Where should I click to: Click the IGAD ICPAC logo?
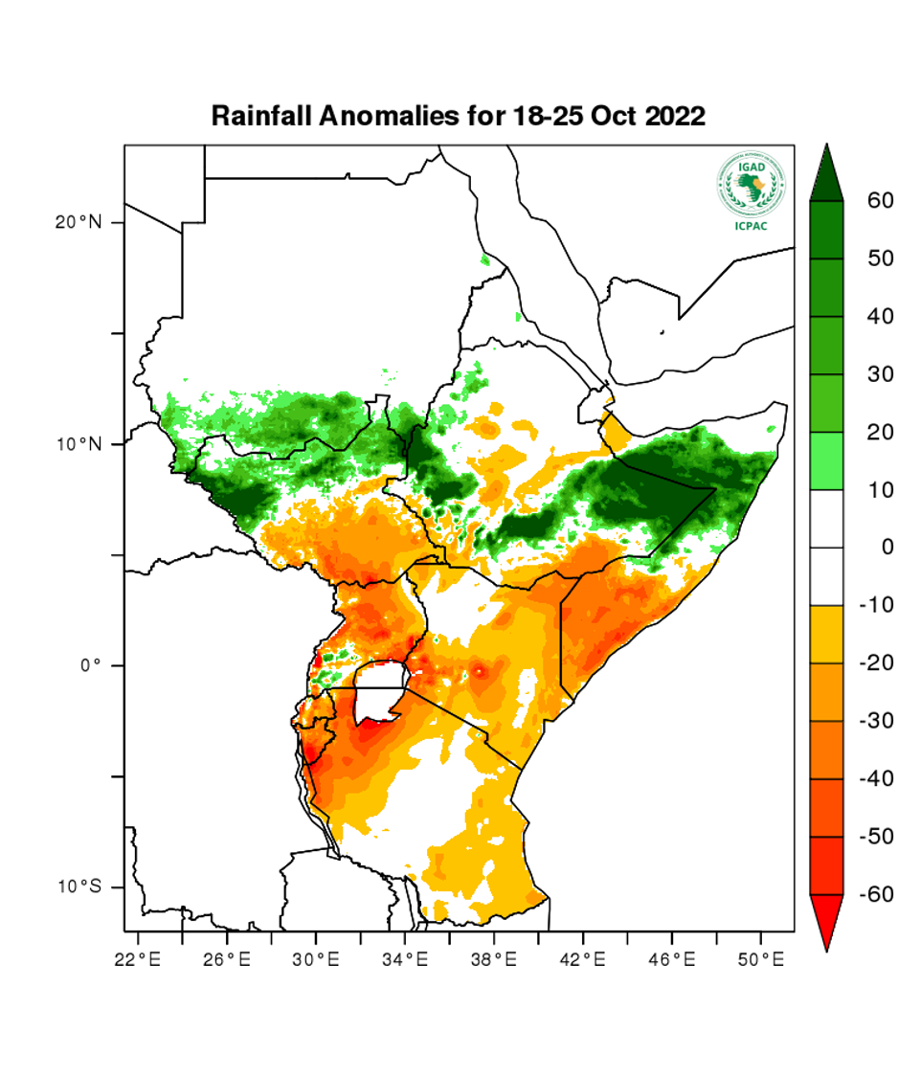pyautogui.click(x=751, y=191)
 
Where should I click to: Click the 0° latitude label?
pyautogui.click(x=89, y=665)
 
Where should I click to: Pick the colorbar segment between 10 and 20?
pyautogui.click(x=826, y=461)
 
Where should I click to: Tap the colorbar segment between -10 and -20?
pyautogui.click(x=826, y=635)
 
